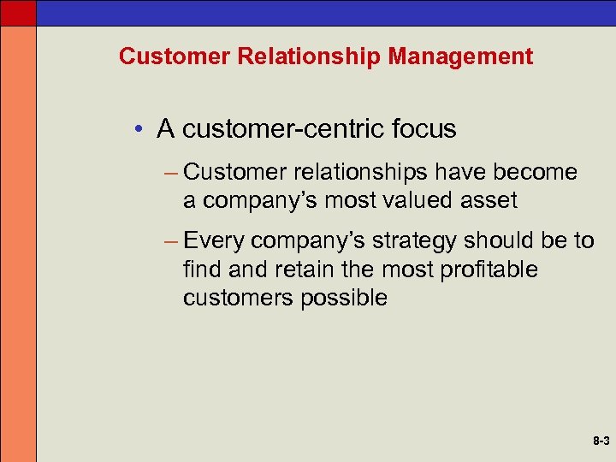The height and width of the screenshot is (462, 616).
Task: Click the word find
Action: [x=202, y=269]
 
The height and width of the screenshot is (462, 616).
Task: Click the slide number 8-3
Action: [x=599, y=442]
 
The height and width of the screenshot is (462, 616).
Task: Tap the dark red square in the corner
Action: [x=18, y=12]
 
